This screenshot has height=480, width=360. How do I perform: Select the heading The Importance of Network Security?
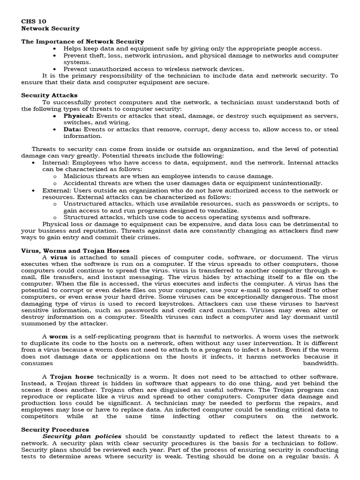pos(82,42)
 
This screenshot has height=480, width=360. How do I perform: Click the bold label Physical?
pos(79,116)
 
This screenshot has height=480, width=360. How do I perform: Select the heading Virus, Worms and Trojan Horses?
pos(75,251)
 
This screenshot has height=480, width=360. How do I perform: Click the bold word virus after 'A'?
pos(59,258)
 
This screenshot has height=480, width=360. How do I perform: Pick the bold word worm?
pos(59,337)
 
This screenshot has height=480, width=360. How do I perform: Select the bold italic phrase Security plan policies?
pos(82,436)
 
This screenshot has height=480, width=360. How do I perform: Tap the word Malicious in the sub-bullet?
pos(78,176)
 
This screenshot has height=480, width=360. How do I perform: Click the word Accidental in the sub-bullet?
pos(80,183)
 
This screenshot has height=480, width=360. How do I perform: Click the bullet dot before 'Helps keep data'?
pos(55,49)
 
